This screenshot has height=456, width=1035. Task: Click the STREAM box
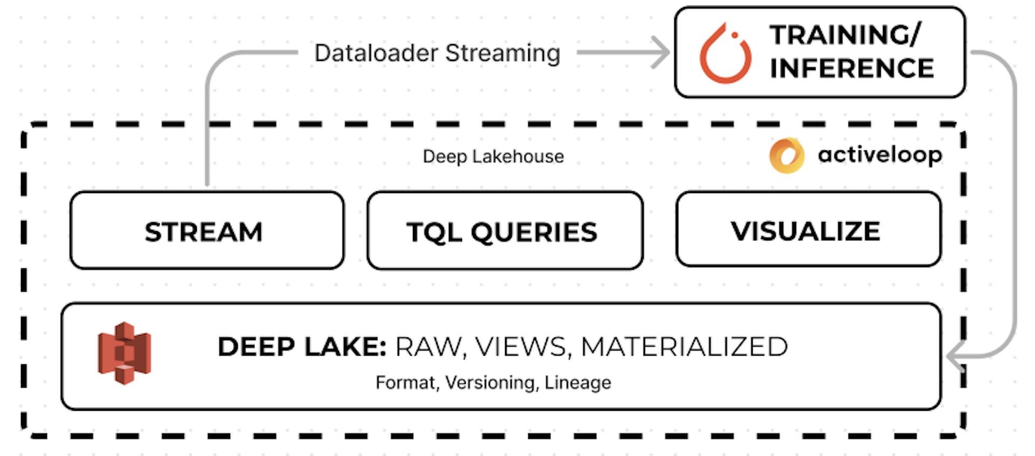pos(207,230)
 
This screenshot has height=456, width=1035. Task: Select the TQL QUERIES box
pos(505,231)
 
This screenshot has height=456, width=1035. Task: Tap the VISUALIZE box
pos(809,229)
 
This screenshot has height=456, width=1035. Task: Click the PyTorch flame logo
pos(725,53)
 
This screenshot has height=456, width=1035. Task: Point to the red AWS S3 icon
pos(124,354)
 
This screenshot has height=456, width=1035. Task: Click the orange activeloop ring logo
pos(786,156)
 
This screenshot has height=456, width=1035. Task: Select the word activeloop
pos(880,155)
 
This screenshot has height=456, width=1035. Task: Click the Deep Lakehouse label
pos(493,156)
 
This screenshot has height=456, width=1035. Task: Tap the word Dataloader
pos(376,53)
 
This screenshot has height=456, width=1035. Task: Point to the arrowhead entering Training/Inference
pos(662,52)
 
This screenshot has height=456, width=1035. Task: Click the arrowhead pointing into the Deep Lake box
pos(955,357)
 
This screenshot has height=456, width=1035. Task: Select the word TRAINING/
pos(845,35)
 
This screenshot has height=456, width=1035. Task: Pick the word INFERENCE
pos(852,68)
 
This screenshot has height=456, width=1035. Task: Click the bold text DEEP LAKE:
pos(302,347)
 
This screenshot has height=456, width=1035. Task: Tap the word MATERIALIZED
pos(685,347)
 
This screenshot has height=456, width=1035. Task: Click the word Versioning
pos(491,383)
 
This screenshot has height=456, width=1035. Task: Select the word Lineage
pos(578,383)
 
